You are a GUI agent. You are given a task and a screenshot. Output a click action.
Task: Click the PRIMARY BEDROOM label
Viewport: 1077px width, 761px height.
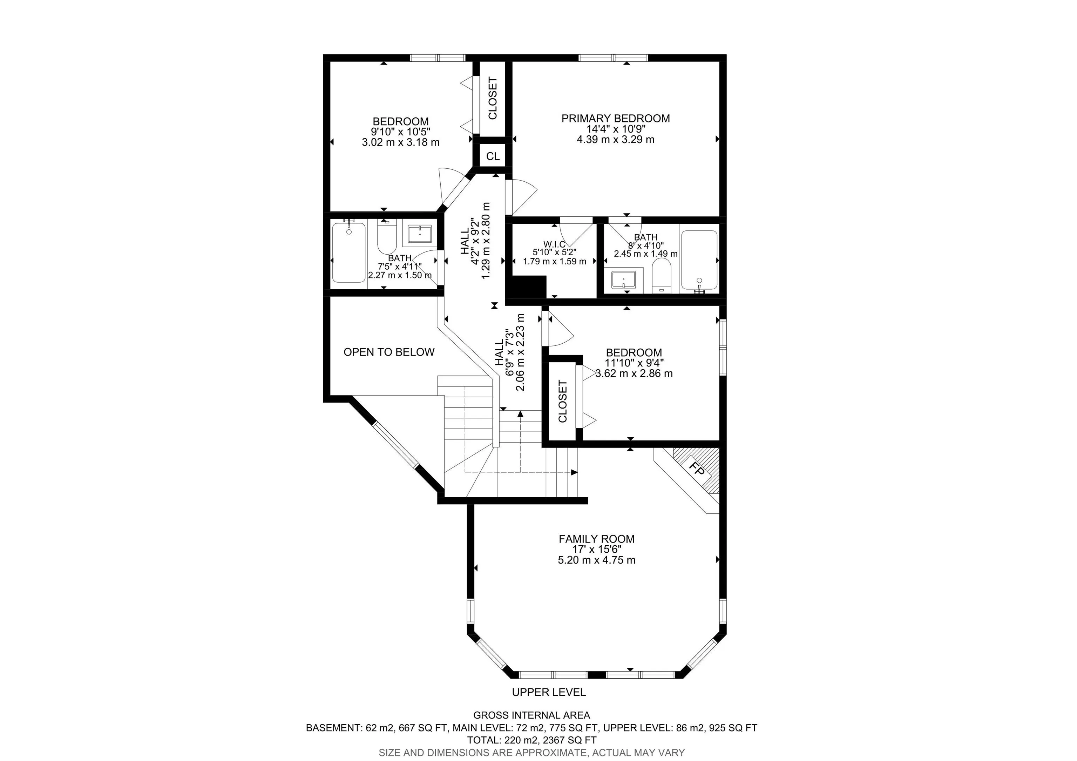point(615,118)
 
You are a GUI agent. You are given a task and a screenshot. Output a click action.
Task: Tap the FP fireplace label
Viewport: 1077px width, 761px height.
point(698,470)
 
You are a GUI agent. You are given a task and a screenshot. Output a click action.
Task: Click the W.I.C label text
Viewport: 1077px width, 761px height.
point(554,244)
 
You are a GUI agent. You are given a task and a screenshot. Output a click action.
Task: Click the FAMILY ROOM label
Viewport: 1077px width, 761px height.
point(596,539)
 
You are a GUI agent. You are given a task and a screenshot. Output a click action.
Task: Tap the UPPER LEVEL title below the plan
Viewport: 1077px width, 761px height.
point(549,692)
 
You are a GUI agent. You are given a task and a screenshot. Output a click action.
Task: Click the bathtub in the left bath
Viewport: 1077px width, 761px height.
point(348,252)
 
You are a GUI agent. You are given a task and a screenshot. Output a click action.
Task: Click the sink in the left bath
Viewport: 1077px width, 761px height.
point(419,234)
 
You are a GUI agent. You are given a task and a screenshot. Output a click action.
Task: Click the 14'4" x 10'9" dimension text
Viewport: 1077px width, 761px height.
point(615,129)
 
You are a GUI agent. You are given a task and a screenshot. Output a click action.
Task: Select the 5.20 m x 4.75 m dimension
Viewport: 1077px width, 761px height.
point(596,560)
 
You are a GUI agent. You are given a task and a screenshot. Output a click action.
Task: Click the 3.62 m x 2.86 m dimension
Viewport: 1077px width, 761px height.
point(634,374)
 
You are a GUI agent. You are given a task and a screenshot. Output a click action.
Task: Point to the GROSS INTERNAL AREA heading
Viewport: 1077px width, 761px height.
point(531,715)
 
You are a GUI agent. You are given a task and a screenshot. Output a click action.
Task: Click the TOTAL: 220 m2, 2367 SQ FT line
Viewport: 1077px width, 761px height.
point(531,740)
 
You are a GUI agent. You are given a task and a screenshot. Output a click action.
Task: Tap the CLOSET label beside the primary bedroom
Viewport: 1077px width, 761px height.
point(493,99)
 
